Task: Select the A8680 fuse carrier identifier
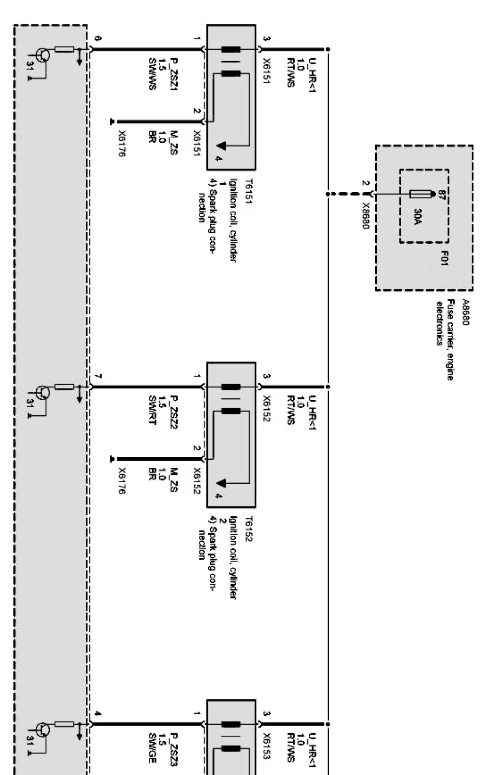[x=465, y=312]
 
